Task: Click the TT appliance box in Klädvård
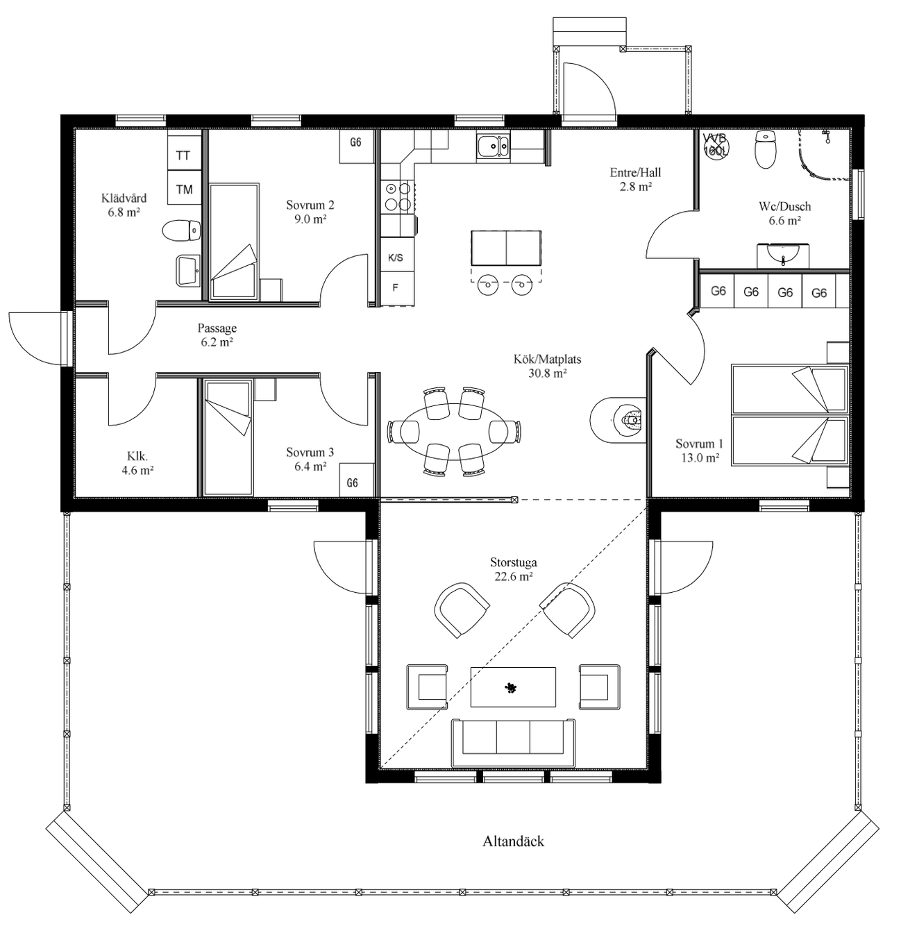(x=184, y=155)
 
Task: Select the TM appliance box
(x=184, y=187)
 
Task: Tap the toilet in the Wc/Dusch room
(x=764, y=149)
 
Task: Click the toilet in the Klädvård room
(x=180, y=230)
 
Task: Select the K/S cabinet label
(x=396, y=258)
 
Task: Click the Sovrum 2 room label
(x=310, y=212)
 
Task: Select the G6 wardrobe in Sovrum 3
(x=356, y=480)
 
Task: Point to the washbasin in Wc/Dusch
(x=782, y=255)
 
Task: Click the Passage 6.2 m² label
(x=217, y=335)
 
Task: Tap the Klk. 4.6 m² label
(x=137, y=463)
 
